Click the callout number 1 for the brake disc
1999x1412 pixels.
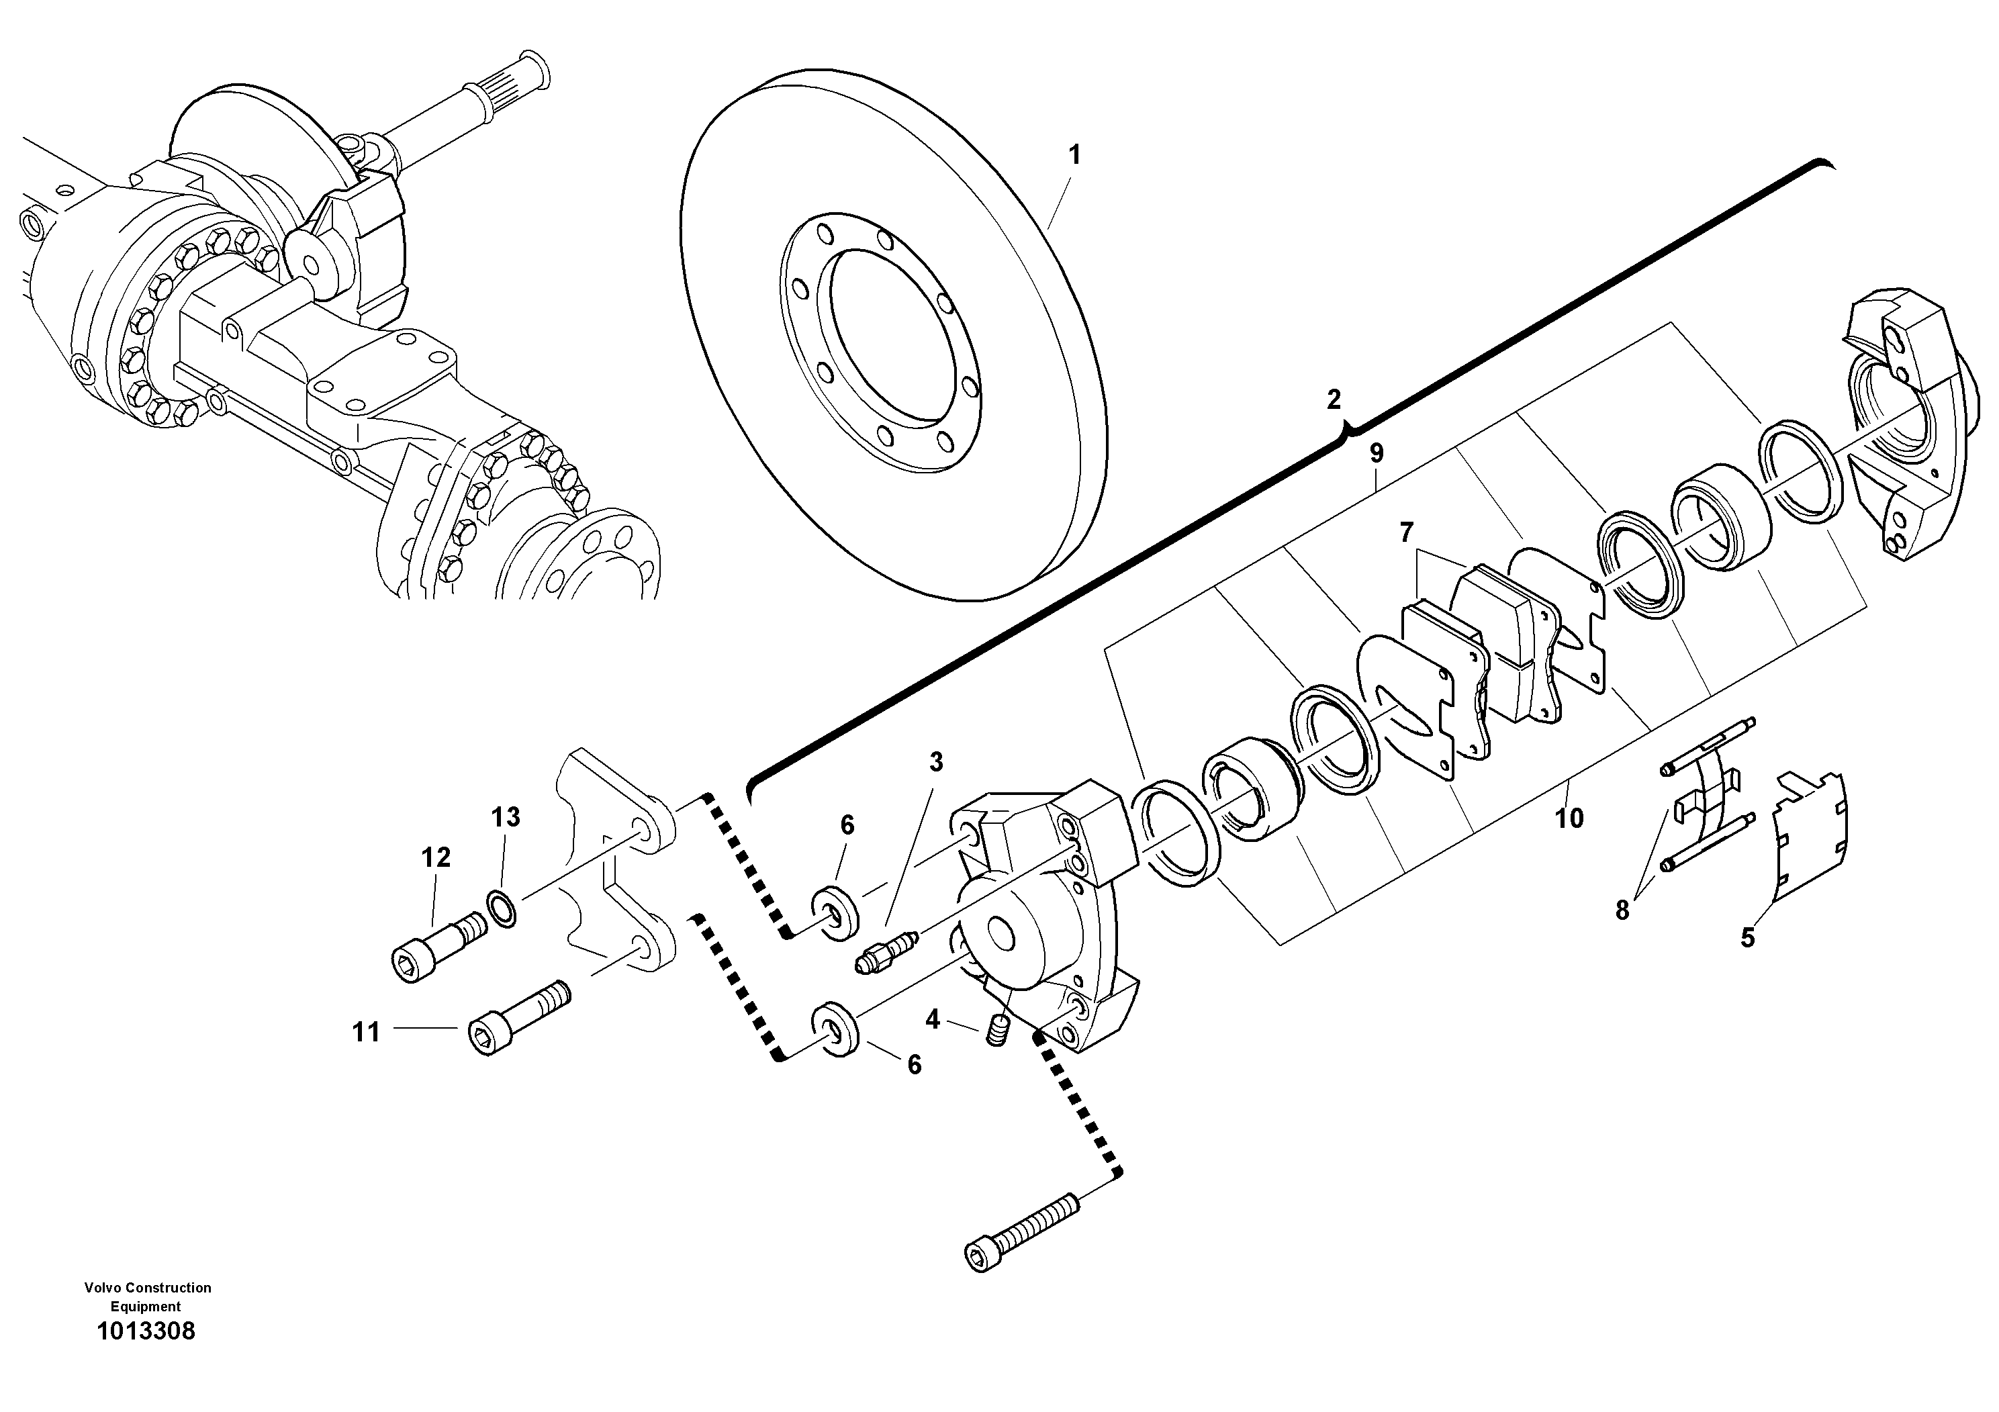[x=1074, y=156]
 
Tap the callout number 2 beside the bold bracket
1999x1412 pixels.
[x=1334, y=399]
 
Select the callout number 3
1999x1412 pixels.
[x=936, y=763]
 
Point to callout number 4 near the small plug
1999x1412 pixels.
[x=933, y=1019]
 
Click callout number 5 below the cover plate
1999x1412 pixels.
[x=1747, y=939]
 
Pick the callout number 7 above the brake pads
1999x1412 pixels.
[x=1407, y=532]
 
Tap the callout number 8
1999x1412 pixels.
[x=1622, y=910]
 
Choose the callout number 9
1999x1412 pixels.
[x=1377, y=454]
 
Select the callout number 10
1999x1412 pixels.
[x=1570, y=818]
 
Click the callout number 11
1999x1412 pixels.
[x=367, y=1033]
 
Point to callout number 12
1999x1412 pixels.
[x=436, y=857]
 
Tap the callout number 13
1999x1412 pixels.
[x=506, y=816]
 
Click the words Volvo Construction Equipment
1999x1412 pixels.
[x=147, y=1297]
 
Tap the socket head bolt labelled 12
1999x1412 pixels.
[x=438, y=946]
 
